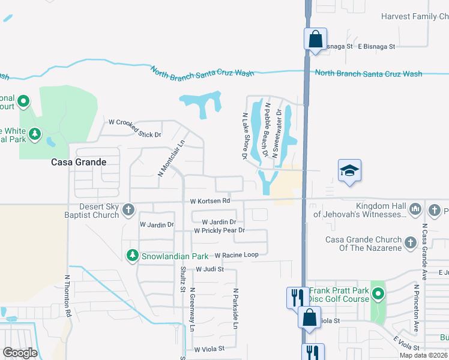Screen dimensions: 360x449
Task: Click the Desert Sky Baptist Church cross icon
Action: (128, 210)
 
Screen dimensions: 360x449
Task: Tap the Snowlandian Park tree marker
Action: (133, 256)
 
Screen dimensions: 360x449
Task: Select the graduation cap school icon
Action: (349, 170)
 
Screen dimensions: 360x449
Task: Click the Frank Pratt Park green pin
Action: (378, 294)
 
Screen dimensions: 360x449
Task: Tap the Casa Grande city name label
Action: (79, 162)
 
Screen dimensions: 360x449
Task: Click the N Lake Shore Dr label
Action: (245, 136)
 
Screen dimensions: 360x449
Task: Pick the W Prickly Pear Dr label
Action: (219, 230)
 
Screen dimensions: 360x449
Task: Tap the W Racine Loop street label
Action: (236, 255)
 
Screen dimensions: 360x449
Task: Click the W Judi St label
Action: (209, 269)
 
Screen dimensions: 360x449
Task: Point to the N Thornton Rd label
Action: (68, 296)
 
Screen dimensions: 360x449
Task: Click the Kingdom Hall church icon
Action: (416, 210)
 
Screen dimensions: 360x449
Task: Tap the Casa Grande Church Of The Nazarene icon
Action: (410, 242)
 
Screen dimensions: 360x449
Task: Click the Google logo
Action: (20, 353)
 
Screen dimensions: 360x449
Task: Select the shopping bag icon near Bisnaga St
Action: (315, 40)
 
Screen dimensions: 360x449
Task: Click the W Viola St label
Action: (209, 348)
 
